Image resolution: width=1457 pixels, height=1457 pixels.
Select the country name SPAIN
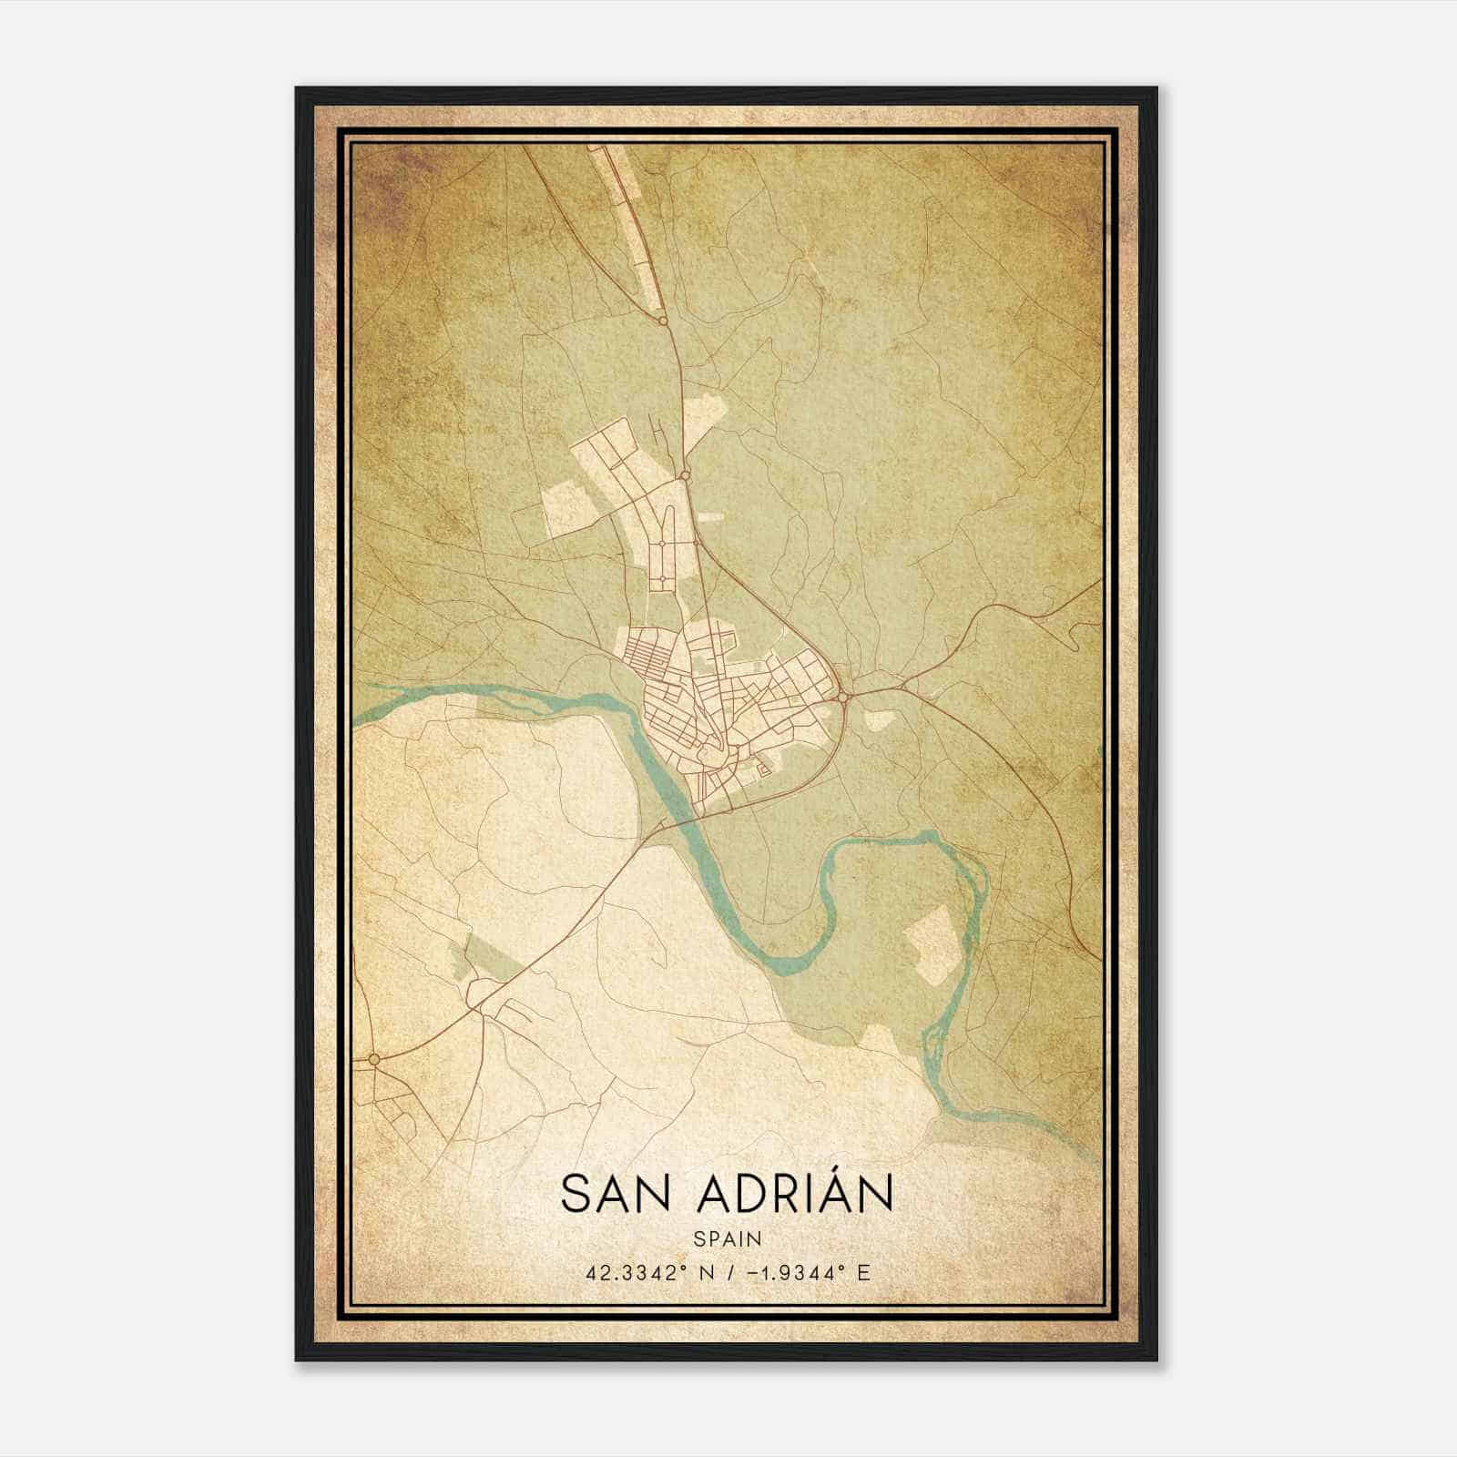[727, 1238]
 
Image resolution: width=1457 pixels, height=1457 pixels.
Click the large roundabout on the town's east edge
[844, 697]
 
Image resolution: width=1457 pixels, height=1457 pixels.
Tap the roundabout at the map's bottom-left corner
[373, 1059]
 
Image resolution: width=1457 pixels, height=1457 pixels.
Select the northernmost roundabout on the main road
[663, 321]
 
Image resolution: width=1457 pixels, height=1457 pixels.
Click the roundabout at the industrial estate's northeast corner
[684, 474]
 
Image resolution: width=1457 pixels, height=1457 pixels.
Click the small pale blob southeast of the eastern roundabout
[878, 720]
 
